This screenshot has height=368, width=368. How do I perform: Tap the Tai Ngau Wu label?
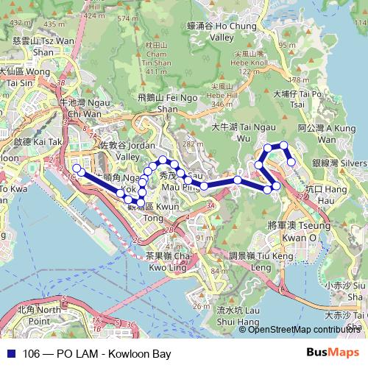coord(233,132)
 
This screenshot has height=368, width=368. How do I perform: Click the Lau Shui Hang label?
coord(236,316)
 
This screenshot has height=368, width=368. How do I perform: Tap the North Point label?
coord(38,316)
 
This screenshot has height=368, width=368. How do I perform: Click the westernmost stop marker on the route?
coord(77,174)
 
